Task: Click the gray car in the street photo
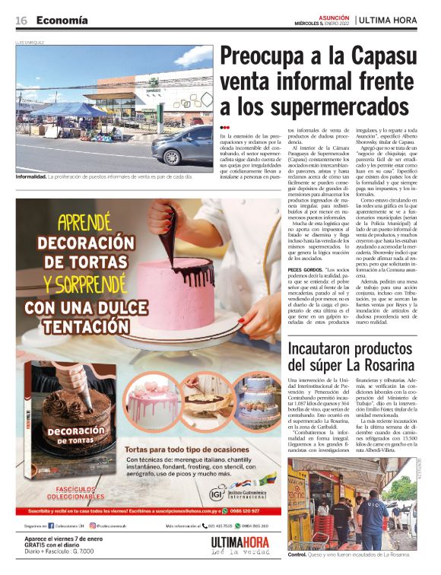pos(182,146)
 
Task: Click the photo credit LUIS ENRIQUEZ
pos(30,43)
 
